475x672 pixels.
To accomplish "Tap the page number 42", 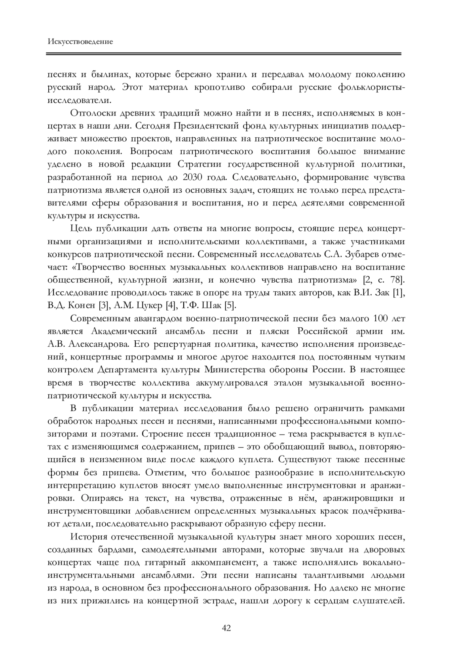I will [x=226, y=628].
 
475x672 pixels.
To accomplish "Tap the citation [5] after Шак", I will [x=230, y=306].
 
